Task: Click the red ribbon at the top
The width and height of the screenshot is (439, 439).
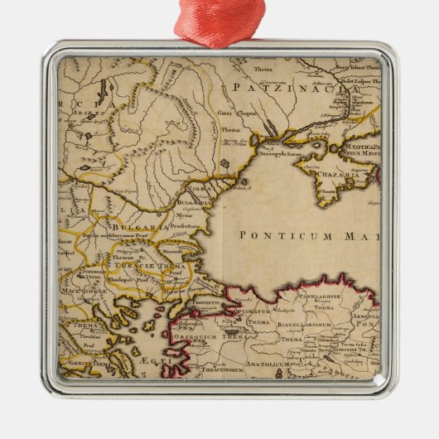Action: tap(219, 18)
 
